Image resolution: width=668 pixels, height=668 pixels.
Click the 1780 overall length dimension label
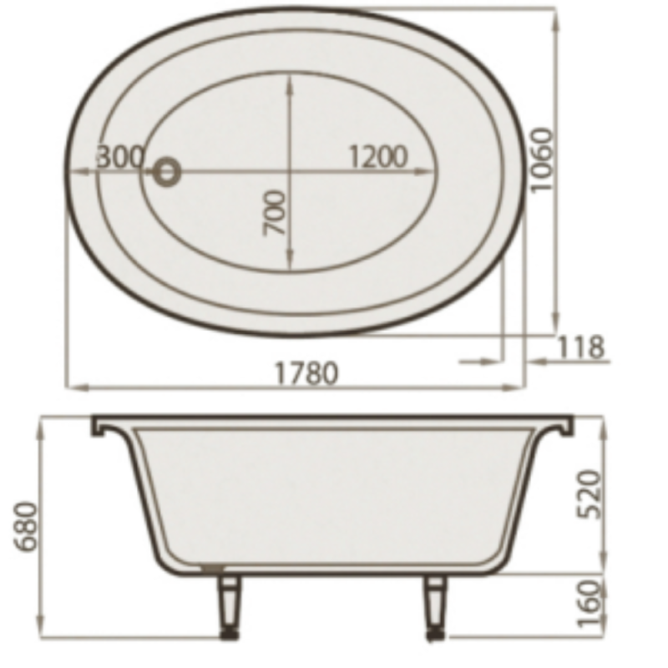(306, 372)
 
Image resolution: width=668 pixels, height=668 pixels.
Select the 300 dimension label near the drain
(120, 156)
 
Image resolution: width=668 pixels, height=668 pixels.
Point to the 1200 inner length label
(378, 156)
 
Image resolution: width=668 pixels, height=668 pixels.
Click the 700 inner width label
(274, 213)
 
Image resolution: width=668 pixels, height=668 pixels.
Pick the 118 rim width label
(580, 347)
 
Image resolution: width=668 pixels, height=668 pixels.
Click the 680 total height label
(27, 527)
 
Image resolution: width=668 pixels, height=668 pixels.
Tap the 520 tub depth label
(589, 494)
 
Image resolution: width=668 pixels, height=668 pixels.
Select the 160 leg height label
(589, 604)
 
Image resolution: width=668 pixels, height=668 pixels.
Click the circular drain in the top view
(166, 171)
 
